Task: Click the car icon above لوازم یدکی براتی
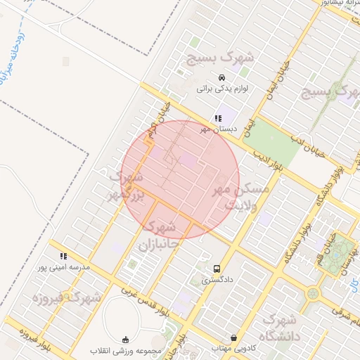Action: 222,77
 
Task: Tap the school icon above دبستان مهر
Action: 218,118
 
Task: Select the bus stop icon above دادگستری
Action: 217,269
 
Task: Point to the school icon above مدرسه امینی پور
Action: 64,257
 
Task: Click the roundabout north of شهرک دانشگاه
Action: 313,292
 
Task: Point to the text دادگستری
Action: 217,280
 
